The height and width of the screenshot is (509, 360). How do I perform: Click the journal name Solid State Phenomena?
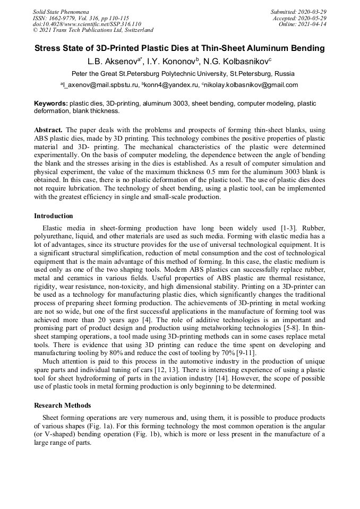pos(61,12)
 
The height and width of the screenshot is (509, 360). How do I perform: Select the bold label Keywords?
pos(51,103)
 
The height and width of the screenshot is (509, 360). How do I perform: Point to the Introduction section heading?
pos(54,216)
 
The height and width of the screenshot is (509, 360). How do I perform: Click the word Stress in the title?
pos(48,48)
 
